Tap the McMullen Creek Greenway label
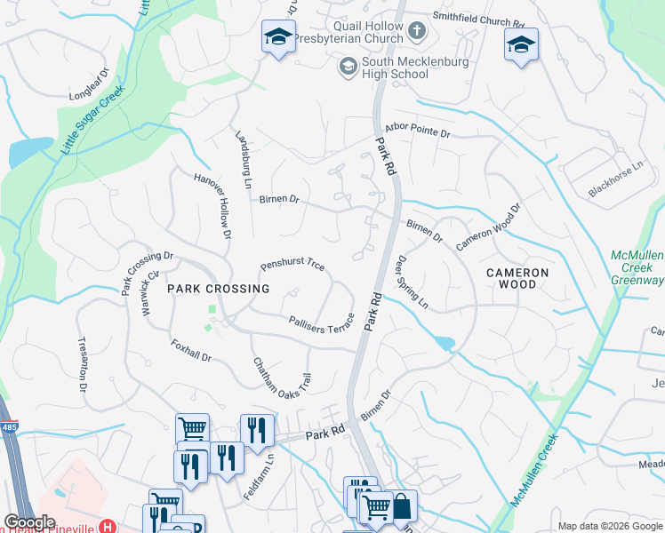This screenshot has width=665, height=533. pyautogui.click(x=637, y=268)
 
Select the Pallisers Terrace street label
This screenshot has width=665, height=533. pyautogui.click(x=322, y=323)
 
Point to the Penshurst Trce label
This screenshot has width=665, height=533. pyautogui.click(x=292, y=266)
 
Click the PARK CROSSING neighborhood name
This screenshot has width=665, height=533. pyautogui.click(x=218, y=289)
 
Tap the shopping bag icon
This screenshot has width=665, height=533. pyautogui.click(x=402, y=506)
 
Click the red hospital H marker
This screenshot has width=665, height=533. pyautogui.click(x=107, y=527)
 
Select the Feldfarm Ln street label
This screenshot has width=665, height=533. pyautogui.click(x=270, y=476)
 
